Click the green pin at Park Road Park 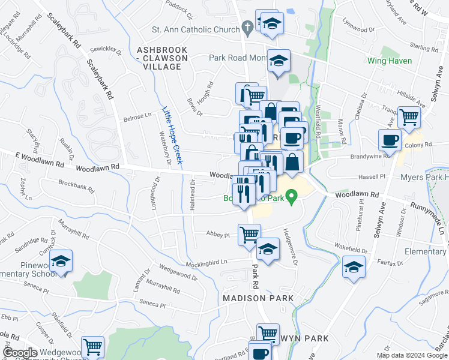(292, 196)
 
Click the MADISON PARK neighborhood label (258, 298)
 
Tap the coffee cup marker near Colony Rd (389, 141)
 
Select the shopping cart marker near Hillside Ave (409, 117)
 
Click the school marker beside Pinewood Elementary (60, 262)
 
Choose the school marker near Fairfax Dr (354, 266)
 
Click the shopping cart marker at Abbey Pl (249, 234)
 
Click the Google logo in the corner (20, 353)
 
